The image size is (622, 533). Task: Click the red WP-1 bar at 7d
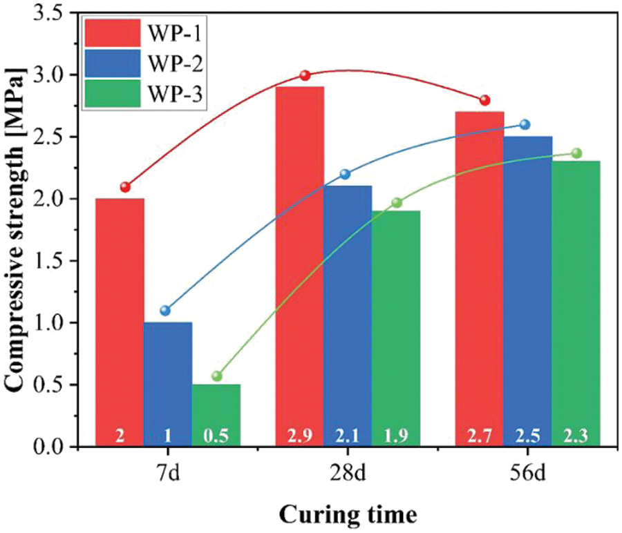click(x=120, y=318)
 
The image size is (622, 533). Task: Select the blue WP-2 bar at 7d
click(x=168, y=380)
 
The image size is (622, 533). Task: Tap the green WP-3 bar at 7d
click(x=216, y=411)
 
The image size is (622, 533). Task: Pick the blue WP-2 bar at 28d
click(x=348, y=311)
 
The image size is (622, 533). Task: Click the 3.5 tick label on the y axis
click(x=53, y=13)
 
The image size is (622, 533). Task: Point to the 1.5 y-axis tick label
click(x=53, y=261)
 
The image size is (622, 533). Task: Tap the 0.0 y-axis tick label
click(x=53, y=447)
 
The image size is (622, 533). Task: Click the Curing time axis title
click(x=348, y=514)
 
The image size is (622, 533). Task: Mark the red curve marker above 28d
click(x=305, y=75)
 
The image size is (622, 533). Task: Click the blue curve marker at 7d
click(x=165, y=310)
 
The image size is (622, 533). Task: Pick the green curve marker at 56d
click(x=576, y=153)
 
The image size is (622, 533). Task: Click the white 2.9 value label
click(x=299, y=436)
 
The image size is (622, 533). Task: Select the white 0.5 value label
click(x=216, y=436)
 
